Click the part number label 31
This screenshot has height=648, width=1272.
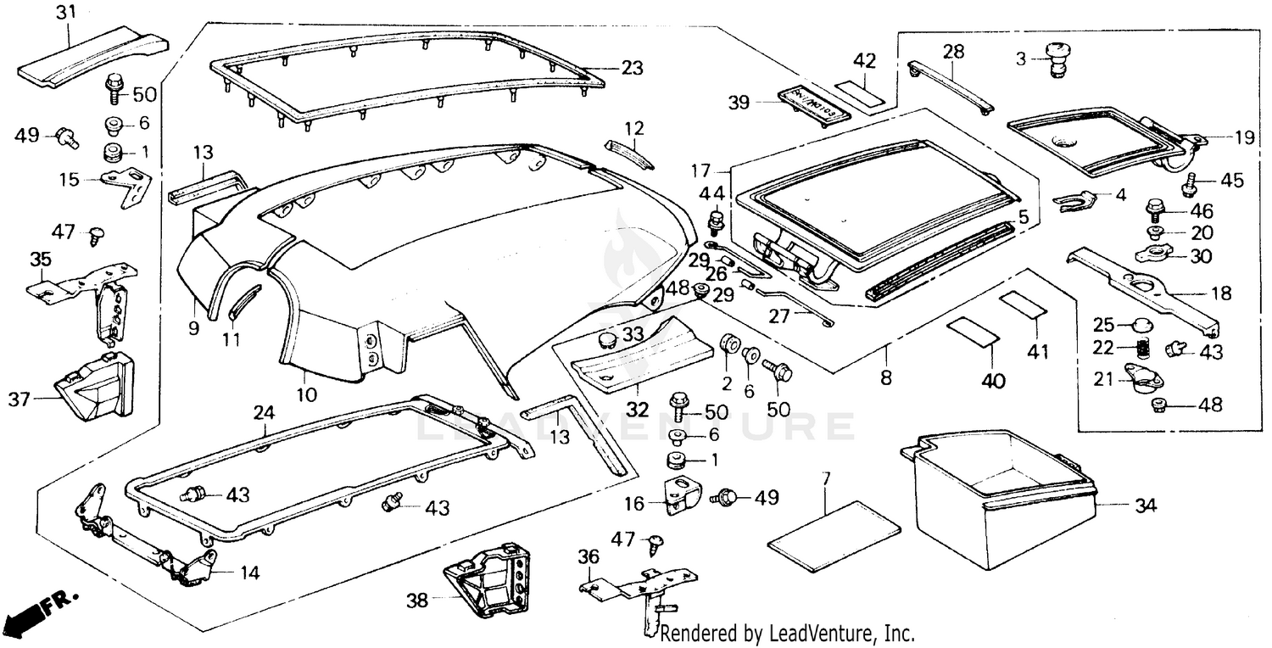click(x=65, y=13)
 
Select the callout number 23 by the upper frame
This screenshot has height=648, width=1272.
click(x=632, y=68)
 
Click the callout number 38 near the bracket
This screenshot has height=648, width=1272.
click(x=416, y=601)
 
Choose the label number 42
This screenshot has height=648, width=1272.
click(x=864, y=61)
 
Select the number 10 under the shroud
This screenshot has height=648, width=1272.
click(x=306, y=394)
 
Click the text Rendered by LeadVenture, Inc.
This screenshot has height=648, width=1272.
click(x=786, y=633)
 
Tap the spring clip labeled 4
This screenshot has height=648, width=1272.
click(x=1074, y=201)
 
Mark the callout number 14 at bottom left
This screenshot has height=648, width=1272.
click(x=248, y=572)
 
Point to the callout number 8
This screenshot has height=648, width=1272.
click(x=886, y=377)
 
